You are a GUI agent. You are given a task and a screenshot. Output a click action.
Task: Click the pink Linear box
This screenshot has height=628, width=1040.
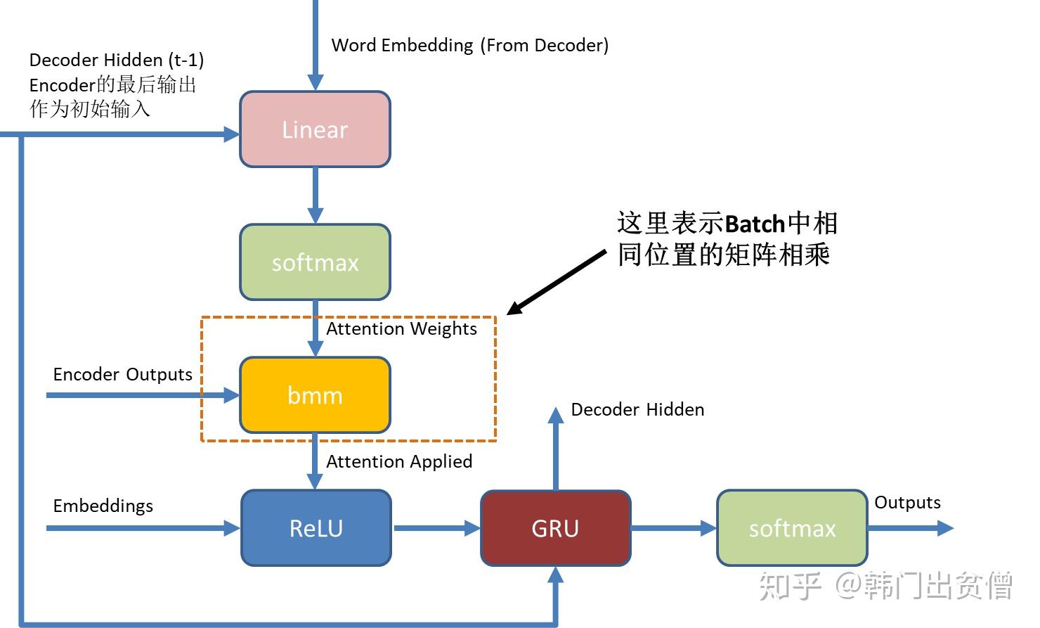click(315, 129)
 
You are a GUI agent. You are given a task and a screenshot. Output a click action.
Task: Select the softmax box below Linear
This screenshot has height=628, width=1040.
click(315, 262)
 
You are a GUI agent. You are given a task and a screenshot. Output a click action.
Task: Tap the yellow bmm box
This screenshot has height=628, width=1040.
click(315, 395)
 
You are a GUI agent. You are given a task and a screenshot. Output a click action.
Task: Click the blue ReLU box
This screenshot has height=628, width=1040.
click(316, 528)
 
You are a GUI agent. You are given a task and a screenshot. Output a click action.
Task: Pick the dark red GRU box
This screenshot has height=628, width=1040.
click(555, 528)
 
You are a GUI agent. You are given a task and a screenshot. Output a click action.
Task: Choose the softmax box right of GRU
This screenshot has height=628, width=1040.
click(792, 528)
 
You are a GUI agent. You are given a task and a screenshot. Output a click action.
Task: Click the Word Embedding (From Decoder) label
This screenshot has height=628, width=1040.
click(469, 46)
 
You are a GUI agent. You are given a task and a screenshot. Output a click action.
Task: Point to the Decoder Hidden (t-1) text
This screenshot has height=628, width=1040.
click(117, 60)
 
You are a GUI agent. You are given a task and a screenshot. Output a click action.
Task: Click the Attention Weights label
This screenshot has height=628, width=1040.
click(401, 329)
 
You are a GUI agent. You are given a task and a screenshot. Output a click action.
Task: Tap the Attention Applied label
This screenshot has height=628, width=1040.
click(399, 462)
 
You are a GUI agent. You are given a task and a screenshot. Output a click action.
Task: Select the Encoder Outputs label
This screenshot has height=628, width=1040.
click(122, 375)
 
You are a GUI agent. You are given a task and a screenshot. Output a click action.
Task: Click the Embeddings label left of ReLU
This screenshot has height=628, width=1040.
click(103, 506)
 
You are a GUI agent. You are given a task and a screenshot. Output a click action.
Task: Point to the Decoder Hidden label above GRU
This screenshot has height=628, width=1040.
click(637, 410)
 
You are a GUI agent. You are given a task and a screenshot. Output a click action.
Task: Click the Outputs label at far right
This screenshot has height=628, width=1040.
click(907, 503)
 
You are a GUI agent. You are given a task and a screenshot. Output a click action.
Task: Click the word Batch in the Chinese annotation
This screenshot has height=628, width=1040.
click(754, 224)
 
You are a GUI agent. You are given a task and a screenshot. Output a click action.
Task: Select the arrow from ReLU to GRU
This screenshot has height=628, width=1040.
click(436, 528)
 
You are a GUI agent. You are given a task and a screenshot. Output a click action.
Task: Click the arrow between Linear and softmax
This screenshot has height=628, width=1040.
click(316, 196)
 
